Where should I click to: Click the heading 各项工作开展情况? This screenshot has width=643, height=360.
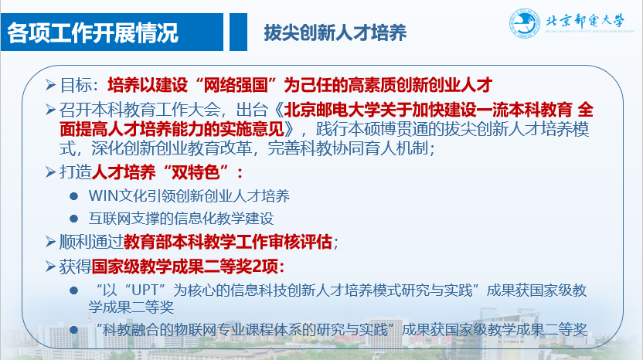click(x=93, y=32)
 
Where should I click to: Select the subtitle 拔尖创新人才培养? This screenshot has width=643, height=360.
click(x=335, y=32)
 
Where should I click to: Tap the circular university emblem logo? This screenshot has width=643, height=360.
click(x=525, y=23)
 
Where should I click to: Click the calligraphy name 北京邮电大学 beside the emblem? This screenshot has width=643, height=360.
click(x=584, y=21)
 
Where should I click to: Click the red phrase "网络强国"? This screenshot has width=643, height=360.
click(x=236, y=85)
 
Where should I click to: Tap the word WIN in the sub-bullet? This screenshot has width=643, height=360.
click(x=103, y=195)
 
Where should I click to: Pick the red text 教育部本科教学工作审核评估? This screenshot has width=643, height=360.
click(x=227, y=242)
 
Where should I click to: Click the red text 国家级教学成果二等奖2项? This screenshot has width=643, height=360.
click(x=185, y=267)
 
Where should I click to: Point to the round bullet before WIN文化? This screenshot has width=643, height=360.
click(x=74, y=196)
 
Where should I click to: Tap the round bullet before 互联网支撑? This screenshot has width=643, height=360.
click(x=74, y=219)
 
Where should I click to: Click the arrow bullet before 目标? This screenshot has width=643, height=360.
click(x=50, y=85)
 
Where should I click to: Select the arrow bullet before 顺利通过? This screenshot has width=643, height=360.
click(x=50, y=242)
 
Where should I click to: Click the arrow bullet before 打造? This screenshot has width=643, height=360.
click(x=50, y=172)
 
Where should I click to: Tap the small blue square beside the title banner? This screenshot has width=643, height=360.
click(x=238, y=32)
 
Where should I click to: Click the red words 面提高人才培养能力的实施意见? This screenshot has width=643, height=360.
click(x=172, y=129)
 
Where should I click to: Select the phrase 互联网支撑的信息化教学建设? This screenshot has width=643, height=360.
click(x=182, y=218)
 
